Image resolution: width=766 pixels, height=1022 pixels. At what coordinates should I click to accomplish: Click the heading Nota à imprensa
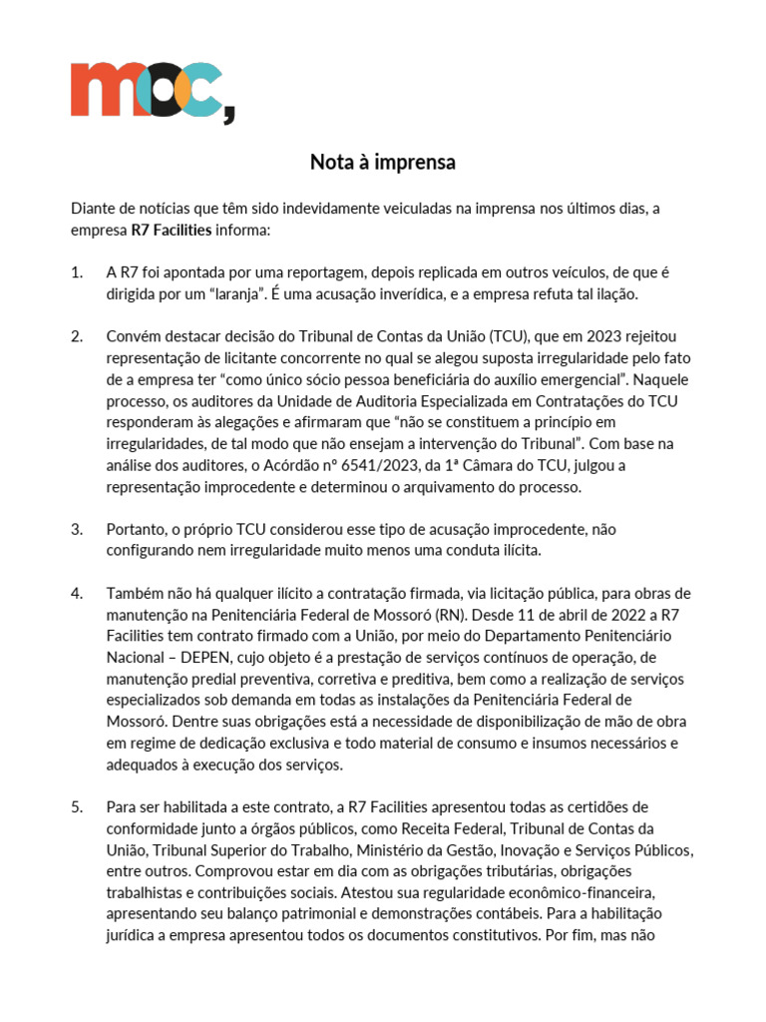pos(382,162)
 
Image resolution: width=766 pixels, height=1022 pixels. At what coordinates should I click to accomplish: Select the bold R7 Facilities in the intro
pos(171,230)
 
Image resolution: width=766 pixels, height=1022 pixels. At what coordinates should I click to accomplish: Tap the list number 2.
pos(77,335)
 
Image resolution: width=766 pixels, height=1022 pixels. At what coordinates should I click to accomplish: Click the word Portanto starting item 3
pos(137,529)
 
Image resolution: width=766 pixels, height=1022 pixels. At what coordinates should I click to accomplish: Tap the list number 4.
pos(77,594)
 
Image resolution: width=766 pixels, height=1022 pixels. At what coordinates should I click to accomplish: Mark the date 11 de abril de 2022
pos(550,615)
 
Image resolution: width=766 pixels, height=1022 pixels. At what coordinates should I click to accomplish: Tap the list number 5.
pos(77,806)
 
